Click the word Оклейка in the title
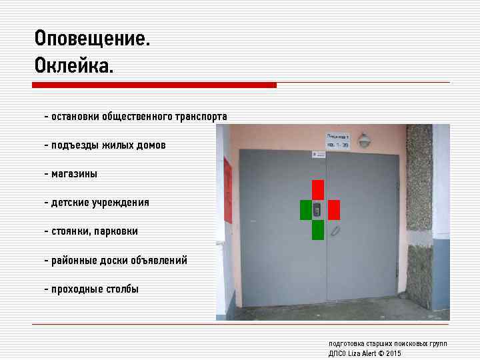pyautogui.click(x=73, y=67)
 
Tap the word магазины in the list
pyautogui.click(x=74, y=174)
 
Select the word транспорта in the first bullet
pyautogui.click(x=201, y=117)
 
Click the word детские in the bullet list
pyautogui.click(x=71, y=203)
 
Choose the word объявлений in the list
pyautogui.click(x=159, y=260)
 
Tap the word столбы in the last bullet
pyautogui.click(x=120, y=289)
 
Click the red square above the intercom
pyautogui.click(x=318, y=189)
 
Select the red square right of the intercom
pyautogui.click(x=334, y=209)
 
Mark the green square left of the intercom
pyautogui.click(x=306, y=209)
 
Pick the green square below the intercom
pyautogui.click(x=318, y=230)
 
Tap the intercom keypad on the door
pyautogui.click(x=318, y=210)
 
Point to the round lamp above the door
pyautogui.click(x=364, y=141)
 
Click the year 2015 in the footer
pyautogui.click(x=393, y=353)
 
